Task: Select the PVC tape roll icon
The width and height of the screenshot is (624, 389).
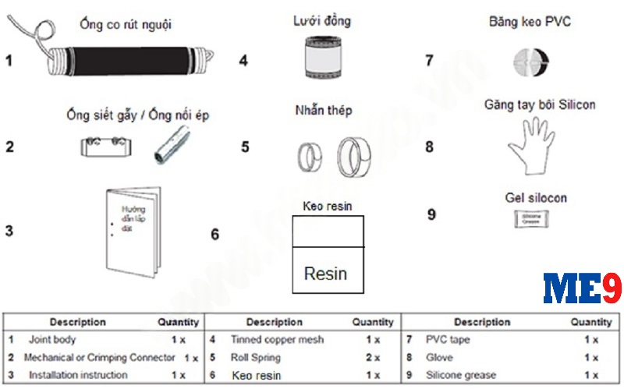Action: (x=530, y=61)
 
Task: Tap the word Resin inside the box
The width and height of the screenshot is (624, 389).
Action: (x=325, y=274)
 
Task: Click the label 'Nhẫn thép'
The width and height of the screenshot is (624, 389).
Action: (x=323, y=110)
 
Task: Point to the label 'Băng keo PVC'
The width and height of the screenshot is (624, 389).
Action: (x=530, y=22)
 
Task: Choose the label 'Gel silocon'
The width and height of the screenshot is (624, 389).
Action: (x=536, y=198)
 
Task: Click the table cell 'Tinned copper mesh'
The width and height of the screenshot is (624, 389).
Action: (x=277, y=340)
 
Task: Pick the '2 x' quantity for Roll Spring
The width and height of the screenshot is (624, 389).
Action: (x=371, y=358)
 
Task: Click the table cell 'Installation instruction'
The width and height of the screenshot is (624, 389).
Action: (x=78, y=375)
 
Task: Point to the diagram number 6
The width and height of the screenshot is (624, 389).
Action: (x=215, y=234)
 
